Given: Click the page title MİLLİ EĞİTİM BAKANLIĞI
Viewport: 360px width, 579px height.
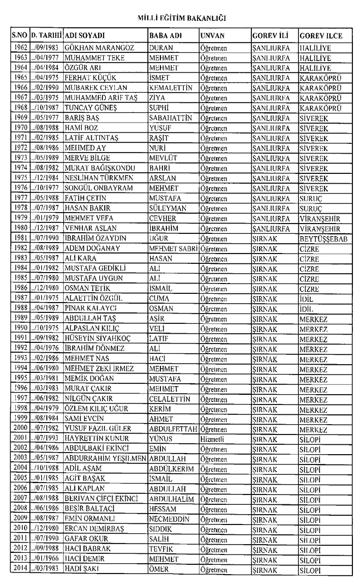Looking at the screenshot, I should click(180, 18).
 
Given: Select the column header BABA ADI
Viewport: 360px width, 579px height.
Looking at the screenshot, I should click(165, 35).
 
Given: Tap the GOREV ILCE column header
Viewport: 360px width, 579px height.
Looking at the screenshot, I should click(321, 35).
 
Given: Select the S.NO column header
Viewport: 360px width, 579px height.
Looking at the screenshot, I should click(21, 35).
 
